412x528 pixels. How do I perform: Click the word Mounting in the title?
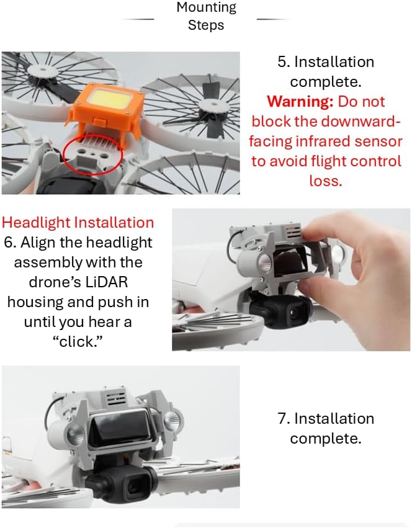tap(206, 7)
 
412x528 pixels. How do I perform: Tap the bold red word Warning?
tap(300, 101)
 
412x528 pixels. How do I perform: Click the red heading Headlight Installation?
tap(78, 223)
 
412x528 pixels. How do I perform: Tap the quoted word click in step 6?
tap(78, 342)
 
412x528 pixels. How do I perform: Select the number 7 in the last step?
tap(283, 419)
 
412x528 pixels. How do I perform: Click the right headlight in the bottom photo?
tap(174, 419)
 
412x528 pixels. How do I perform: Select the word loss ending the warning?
tap(326, 181)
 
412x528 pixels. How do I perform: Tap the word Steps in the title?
tap(206, 25)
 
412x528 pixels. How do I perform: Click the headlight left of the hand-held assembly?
tap(264, 261)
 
